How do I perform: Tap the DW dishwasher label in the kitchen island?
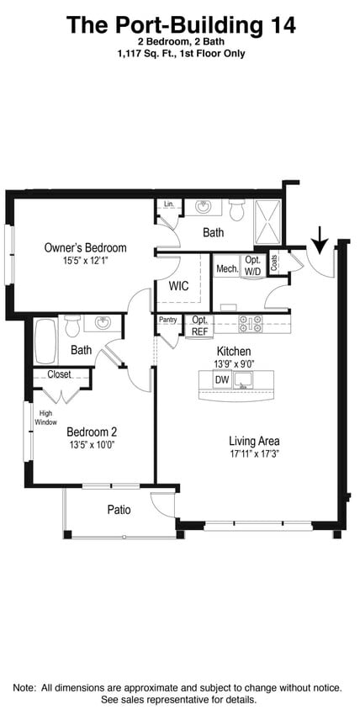tap(222, 380)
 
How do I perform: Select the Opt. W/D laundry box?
tap(252, 266)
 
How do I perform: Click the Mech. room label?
tap(226, 269)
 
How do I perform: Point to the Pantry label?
tap(167, 320)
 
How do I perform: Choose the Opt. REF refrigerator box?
tap(199, 326)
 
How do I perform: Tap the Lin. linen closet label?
tap(168, 204)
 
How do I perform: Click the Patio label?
tap(119, 510)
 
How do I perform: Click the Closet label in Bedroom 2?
tap(59, 374)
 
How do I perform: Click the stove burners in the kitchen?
tap(251, 321)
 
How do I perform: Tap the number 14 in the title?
tap(280, 25)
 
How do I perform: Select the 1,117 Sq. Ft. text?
tap(145, 53)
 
